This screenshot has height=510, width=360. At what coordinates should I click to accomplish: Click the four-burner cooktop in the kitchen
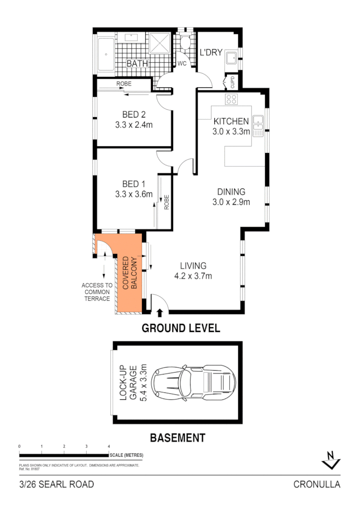(x=232, y=99)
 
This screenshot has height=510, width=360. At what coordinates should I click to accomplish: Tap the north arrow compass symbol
(x=331, y=460)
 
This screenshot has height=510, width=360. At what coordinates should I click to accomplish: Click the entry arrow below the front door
(x=159, y=312)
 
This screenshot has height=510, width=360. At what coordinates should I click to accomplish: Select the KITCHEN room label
(x=231, y=121)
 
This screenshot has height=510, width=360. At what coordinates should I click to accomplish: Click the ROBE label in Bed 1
(x=167, y=202)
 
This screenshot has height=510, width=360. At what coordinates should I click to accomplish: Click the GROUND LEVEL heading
(x=181, y=328)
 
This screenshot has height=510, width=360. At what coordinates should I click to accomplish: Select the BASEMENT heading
(x=177, y=438)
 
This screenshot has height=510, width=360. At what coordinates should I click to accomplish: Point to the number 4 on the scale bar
(x=109, y=446)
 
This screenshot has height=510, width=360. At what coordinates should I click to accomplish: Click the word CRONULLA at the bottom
(x=317, y=484)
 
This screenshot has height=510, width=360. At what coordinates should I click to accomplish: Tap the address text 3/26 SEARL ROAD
(x=57, y=484)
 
